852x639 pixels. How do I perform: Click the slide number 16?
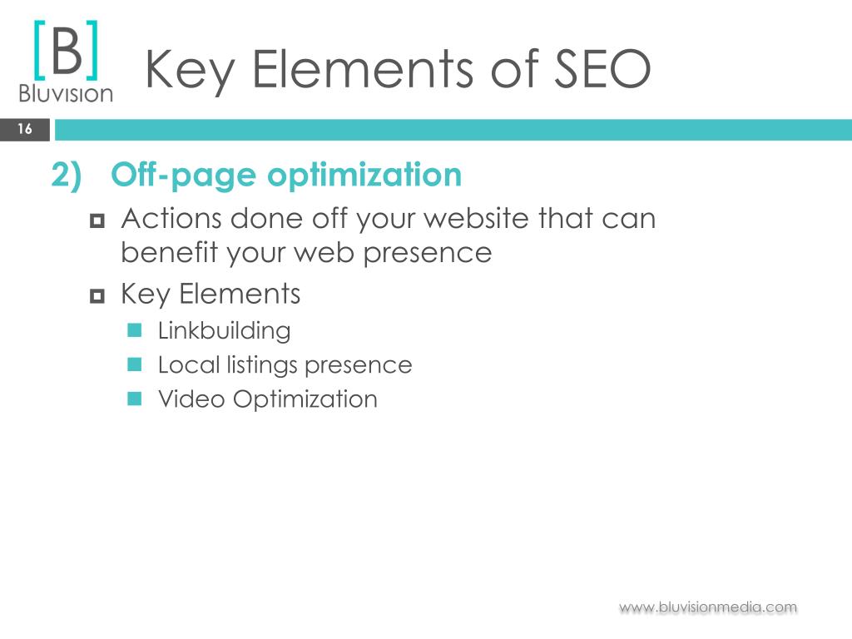click(25, 129)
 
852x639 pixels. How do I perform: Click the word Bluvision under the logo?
click(66, 93)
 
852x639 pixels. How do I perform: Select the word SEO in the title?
click(602, 69)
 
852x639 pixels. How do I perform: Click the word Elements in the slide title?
click(364, 69)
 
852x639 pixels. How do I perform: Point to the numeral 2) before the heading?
click(67, 175)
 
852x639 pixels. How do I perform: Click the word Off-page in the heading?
click(183, 175)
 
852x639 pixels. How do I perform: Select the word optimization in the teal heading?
click(364, 175)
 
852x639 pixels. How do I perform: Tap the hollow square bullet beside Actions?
click(97, 220)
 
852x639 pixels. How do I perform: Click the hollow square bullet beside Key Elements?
click(97, 296)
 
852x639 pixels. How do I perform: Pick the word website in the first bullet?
click(476, 219)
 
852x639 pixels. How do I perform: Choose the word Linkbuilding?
click(225, 331)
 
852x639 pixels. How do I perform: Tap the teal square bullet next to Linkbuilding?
click(134, 329)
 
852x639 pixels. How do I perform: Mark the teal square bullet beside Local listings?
click(134, 364)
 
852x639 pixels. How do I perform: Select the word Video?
click(191, 399)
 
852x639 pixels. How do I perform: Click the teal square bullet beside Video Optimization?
click(134, 399)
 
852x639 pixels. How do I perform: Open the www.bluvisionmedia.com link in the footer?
click(708, 607)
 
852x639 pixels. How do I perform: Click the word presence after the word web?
click(428, 254)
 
